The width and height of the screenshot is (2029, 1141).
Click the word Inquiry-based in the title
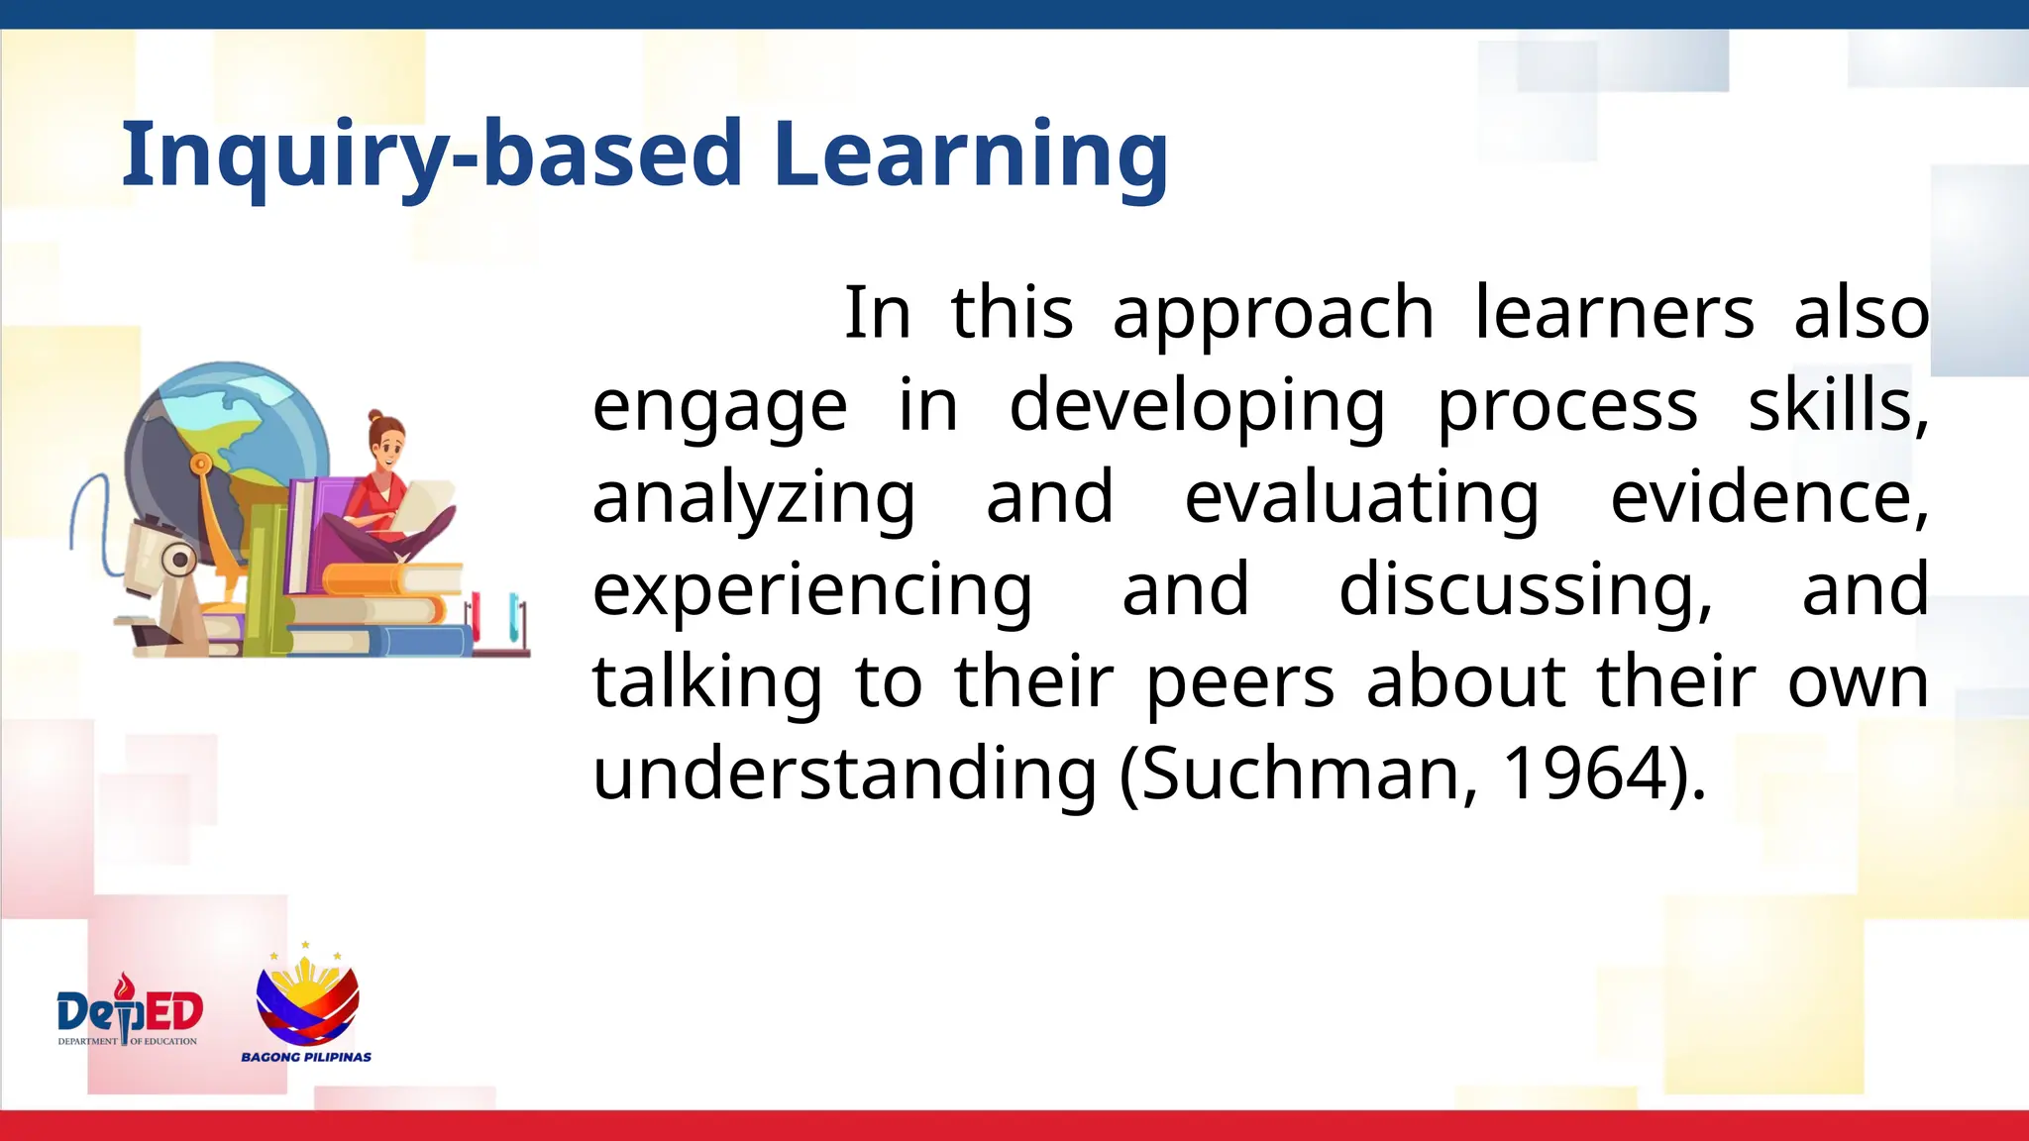431,155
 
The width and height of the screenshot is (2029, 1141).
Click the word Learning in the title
970,155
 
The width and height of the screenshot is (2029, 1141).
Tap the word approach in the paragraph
1273,313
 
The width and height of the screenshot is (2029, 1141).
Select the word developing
1197,406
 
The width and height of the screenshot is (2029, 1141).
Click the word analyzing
753,498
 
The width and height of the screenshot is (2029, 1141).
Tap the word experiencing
811,590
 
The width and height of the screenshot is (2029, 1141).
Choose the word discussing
1525,590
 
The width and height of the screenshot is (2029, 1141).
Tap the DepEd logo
130,1012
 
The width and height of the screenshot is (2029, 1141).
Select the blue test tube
514,616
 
